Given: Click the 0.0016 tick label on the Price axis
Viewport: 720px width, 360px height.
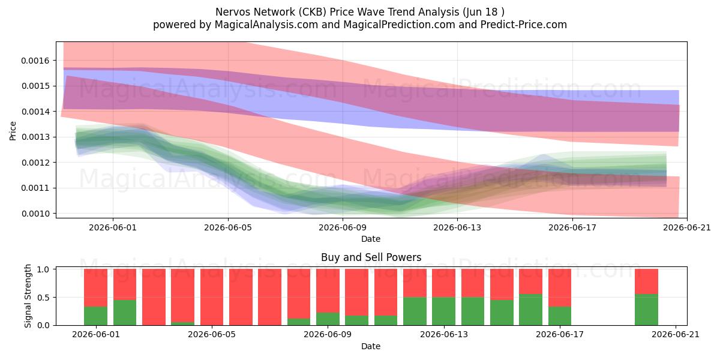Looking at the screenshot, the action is pyautogui.click(x=35, y=61).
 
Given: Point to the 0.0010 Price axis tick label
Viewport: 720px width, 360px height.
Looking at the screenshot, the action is pyautogui.click(x=35, y=214).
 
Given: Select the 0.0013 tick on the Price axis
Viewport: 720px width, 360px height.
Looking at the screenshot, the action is pyautogui.click(x=35, y=137).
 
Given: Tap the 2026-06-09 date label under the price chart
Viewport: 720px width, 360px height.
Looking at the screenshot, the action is pyautogui.click(x=343, y=227).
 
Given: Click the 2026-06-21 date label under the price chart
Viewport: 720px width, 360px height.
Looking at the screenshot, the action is pyautogui.click(x=687, y=227).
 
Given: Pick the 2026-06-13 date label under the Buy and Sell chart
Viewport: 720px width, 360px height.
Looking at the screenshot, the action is pyautogui.click(x=444, y=335).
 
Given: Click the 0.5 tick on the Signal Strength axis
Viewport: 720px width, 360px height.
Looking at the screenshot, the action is pyautogui.click(x=43, y=298).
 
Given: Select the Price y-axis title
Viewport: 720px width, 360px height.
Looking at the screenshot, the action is pyautogui.click(x=13, y=131).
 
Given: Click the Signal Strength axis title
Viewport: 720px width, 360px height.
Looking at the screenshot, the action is pyautogui.click(x=28, y=296).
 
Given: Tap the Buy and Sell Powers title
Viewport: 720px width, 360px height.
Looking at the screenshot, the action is pyautogui.click(x=371, y=257).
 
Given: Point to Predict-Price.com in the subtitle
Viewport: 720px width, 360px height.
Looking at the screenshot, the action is pyautogui.click(x=524, y=25).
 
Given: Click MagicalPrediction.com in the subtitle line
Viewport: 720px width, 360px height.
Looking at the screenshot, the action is pyautogui.click(x=399, y=25).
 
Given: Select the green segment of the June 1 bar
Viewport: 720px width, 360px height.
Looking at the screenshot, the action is pyautogui.click(x=95, y=316).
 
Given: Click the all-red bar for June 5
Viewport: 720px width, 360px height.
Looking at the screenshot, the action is pyautogui.click(x=212, y=297).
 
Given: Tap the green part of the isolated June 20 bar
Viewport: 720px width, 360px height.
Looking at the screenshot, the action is pyautogui.click(x=646, y=310).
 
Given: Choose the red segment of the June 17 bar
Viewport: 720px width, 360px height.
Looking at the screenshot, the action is pyautogui.click(x=560, y=288).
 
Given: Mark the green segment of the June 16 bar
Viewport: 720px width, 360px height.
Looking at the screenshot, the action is pyautogui.click(x=530, y=310).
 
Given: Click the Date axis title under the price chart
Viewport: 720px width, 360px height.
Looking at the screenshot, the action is pyautogui.click(x=371, y=239).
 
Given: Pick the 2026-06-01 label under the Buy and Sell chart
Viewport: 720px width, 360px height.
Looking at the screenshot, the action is pyautogui.click(x=96, y=335).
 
